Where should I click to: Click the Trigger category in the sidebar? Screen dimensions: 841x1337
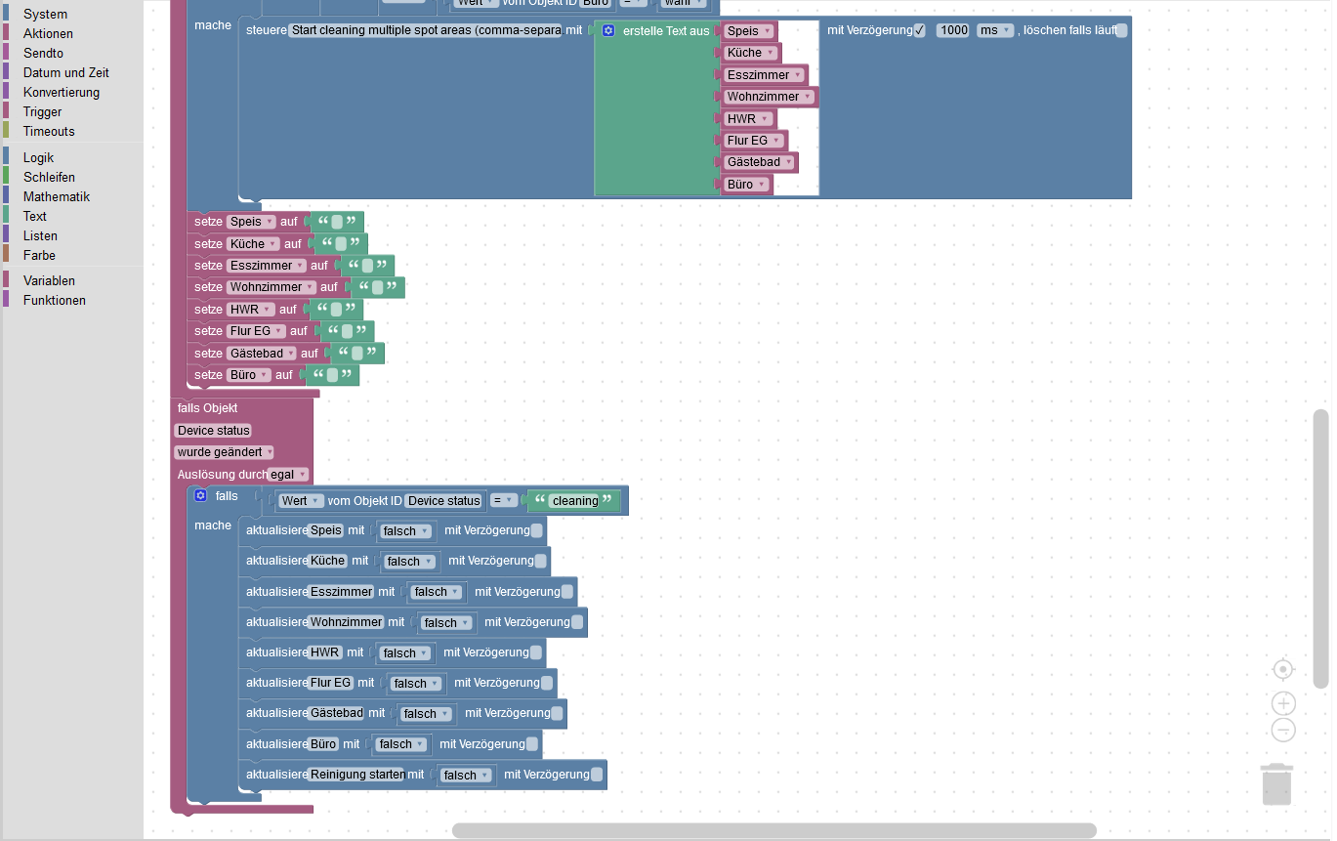pyautogui.click(x=42, y=111)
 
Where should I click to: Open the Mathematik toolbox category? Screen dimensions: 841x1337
pyautogui.click(x=56, y=196)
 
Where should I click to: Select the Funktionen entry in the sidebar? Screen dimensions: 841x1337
pyautogui.click(x=54, y=300)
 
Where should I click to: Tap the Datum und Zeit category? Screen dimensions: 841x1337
pyautogui.click(x=65, y=72)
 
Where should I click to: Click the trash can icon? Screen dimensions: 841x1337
pyautogui.click(x=1276, y=784)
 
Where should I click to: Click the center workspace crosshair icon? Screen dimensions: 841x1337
pyautogui.click(x=1283, y=669)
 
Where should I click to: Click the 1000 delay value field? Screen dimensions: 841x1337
pyautogui.click(x=953, y=30)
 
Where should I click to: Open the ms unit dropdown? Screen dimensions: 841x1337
pyautogui.click(x=995, y=30)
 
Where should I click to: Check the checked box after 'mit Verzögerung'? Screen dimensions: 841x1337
pyautogui.click(x=919, y=30)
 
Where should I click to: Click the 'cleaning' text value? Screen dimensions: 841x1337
pyautogui.click(x=574, y=501)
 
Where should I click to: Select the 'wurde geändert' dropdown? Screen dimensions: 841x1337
pyautogui.click(x=224, y=452)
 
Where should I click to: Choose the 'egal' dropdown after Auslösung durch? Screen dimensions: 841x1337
pyautogui.click(x=289, y=475)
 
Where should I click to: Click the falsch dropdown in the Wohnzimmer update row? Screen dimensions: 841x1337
pyautogui.click(x=445, y=622)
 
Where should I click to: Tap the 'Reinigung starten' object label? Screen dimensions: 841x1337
pyautogui.click(x=356, y=775)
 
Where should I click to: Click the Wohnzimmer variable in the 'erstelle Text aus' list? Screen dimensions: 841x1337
pyautogui.click(x=768, y=97)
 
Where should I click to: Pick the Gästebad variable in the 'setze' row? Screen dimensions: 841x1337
pyautogui.click(x=261, y=353)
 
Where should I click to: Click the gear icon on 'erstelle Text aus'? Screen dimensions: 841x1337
pyautogui.click(x=607, y=31)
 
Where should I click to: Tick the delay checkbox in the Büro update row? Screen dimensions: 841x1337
pyautogui.click(x=532, y=744)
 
